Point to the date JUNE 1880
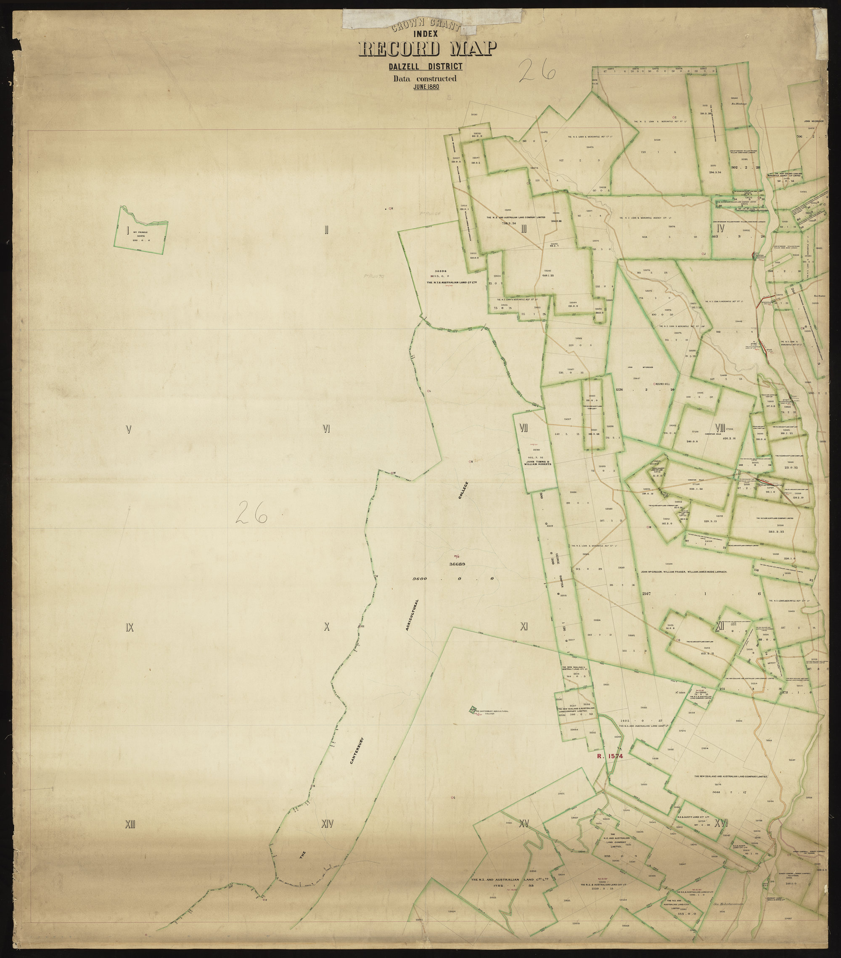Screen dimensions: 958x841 point(423,87)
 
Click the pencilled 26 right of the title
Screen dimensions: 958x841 point(537,72)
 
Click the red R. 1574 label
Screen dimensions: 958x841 point(608,770)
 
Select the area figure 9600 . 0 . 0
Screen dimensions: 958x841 point(452,579)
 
